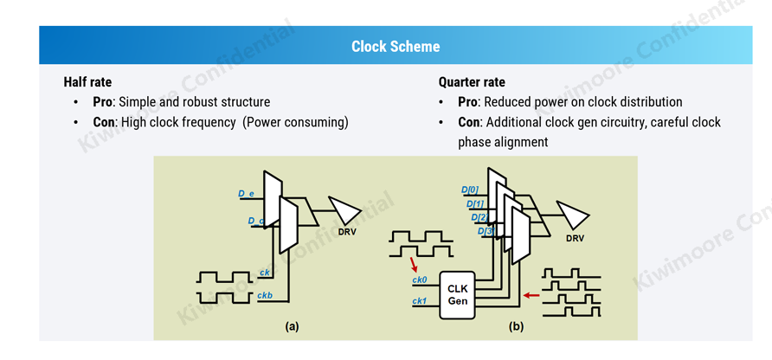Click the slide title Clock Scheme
point(395,47)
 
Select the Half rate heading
point(87,82)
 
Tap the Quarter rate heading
point(472,82)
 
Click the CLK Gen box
point(457,293)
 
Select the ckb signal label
point(266,297)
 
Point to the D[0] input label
point(470,190)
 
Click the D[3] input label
point(486,231)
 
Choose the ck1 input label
point(420,301)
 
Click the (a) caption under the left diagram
point(293,326)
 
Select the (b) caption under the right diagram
point(516,326)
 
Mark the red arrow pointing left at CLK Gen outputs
point(531,296)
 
